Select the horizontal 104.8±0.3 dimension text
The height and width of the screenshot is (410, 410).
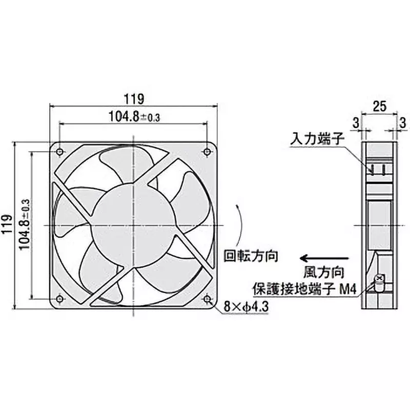pyautogui.click(x=134, y=116)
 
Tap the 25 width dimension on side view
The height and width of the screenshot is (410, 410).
pyautogui.click(x=379, y=107)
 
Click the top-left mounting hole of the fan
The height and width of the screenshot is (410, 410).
pyautogui.click(x=60, y=152)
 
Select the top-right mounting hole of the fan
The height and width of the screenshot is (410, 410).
pyautogui.click(x=208, y=151)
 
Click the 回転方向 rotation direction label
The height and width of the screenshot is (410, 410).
pyautogui.click(x=251, y=255)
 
